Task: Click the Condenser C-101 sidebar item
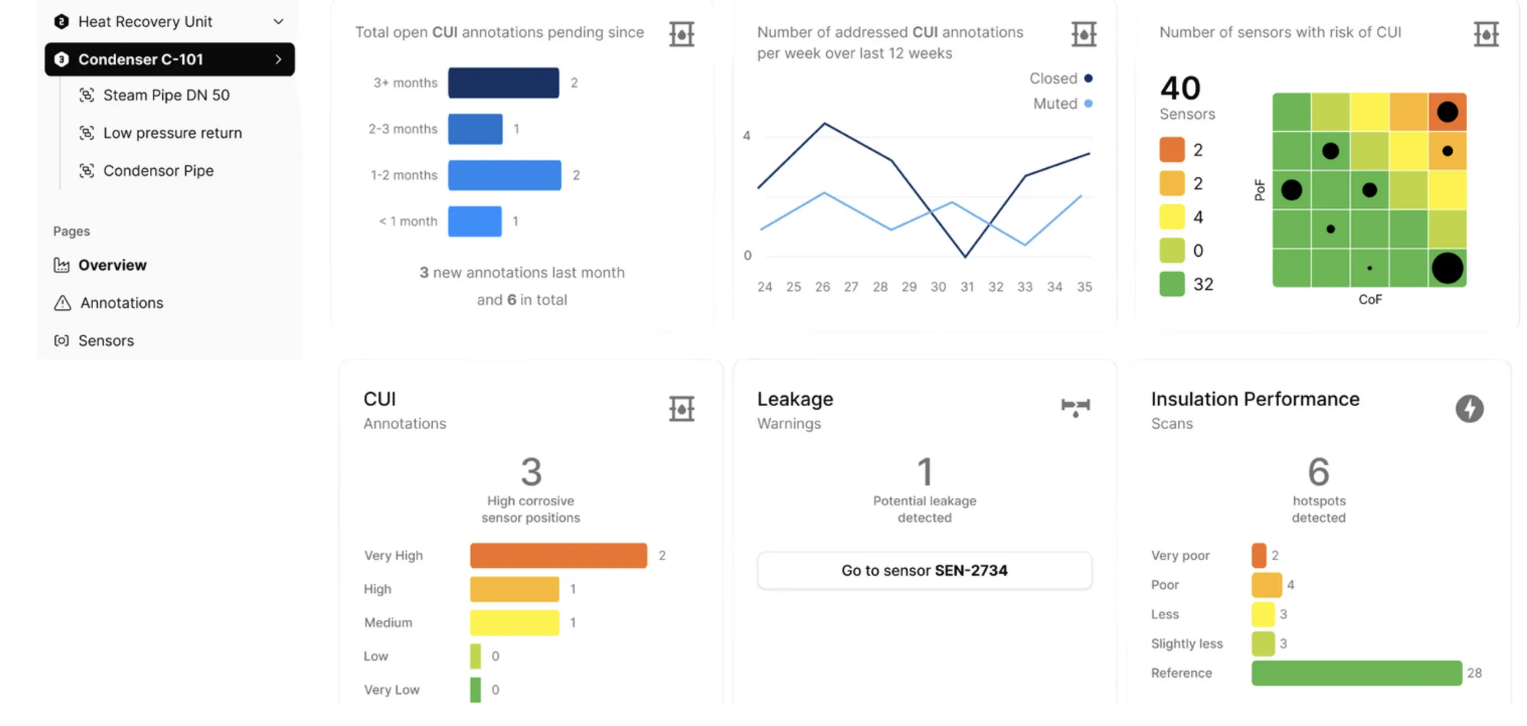point(169,60)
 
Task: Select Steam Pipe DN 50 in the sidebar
point(166,95)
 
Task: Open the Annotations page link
point(122,303)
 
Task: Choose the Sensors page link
point(106,340)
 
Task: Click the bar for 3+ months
point(503,83)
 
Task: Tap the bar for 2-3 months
point(475,129)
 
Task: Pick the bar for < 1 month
point(475,221)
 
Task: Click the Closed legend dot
point(1088,79)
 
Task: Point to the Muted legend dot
point(1088,104)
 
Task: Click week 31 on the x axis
point(967,287)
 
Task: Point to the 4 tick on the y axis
point(747,136)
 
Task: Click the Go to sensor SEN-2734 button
point(924,570)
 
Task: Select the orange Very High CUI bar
point(558,556)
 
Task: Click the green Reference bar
point(1356,673)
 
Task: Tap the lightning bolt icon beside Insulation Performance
point(1469,409)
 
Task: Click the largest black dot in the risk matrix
point(1447,268)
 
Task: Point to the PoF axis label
point(1259,190)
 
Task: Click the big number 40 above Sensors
point(1180,88)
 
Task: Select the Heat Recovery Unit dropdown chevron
point(278,22)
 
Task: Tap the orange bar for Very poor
point(1259,556)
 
